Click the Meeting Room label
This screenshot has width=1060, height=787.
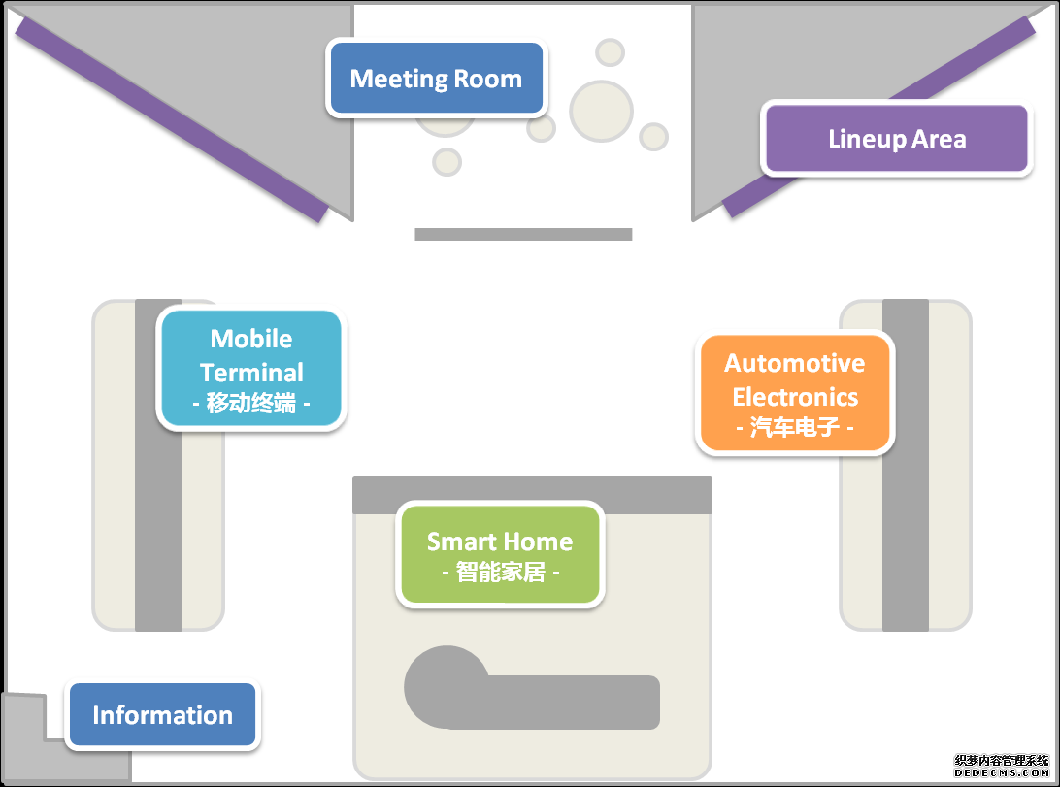(436, 79)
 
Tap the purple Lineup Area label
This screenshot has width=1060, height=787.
(896, 139)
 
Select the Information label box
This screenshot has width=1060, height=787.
(162, 715)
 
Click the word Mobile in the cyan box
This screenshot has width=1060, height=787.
(251, 339)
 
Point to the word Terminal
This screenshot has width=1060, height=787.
(251, 372)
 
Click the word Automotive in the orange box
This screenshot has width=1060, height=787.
(794, 363)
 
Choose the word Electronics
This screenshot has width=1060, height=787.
(795, 396)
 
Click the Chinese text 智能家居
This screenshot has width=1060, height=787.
(500, 573)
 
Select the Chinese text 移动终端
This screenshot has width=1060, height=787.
(251, 404)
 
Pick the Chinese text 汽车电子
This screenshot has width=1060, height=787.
(795, 427)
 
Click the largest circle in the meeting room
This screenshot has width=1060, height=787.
(601, 111)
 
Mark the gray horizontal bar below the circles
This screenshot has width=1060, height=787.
(523, 234)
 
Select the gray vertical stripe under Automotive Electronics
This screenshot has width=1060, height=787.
(905, 543)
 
